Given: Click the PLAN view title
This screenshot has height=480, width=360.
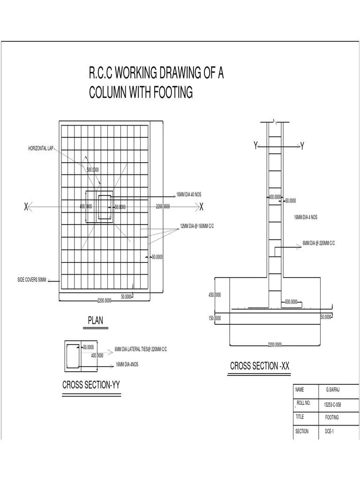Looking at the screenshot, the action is pyautogui.click(x=96, y=321).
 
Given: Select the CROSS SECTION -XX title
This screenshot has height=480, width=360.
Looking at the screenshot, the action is pyautogui.click(x=260, y=366).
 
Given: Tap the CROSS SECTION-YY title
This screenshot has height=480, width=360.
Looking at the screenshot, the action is pyautogui.click(x=91, y=385).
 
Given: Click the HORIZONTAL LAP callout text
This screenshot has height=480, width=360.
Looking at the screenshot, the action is pyautogui.click(x=41, y=149).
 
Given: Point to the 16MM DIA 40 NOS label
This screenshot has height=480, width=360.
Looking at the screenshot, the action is pyautogui.click(x=188, y=195).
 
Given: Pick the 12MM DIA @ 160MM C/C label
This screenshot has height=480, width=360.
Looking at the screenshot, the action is pyautogui.click(x=197, y=226).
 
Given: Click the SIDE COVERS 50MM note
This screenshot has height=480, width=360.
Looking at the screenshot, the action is pyautogui.click(x=32, y=280).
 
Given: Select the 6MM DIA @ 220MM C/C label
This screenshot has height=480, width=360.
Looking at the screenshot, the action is pyautogui.click(x=319, y=243).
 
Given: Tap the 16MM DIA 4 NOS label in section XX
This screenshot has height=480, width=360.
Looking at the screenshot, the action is pyautogui.click(x=306, y=217).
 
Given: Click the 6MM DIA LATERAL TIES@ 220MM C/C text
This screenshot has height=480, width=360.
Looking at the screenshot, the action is pyautogui.click(x=141, y=349).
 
